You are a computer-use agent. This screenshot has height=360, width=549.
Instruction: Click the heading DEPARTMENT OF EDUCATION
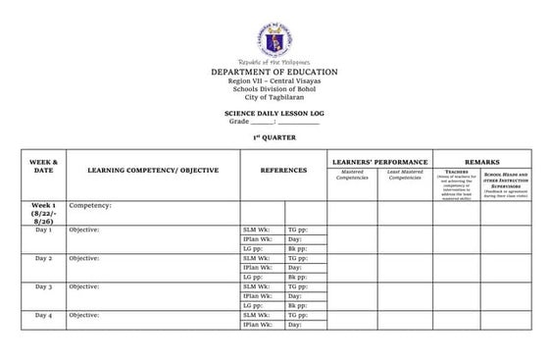click(x=274, y=73)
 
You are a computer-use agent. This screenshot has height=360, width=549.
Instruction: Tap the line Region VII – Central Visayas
click(x=274, y=82)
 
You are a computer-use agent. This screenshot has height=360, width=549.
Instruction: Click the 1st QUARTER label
click(x=274, y=137)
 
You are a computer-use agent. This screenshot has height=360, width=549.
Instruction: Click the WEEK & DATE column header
click(x=43, y=166)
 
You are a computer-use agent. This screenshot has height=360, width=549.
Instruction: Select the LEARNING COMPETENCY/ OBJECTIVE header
click(x=153, y=171)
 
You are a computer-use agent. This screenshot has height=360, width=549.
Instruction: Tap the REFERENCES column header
click(x=283, y=171)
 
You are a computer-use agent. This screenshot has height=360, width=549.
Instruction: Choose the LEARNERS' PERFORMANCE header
click(x=379, y=160)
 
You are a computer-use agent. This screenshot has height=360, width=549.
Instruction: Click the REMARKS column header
click(x=483, y=160)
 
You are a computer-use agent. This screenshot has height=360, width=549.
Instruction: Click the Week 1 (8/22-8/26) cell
click(x=43, y=214)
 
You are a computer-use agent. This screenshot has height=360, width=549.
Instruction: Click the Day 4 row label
click(x=43, y=315)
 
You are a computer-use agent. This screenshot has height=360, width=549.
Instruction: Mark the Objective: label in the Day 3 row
click(x=84, y=286)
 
